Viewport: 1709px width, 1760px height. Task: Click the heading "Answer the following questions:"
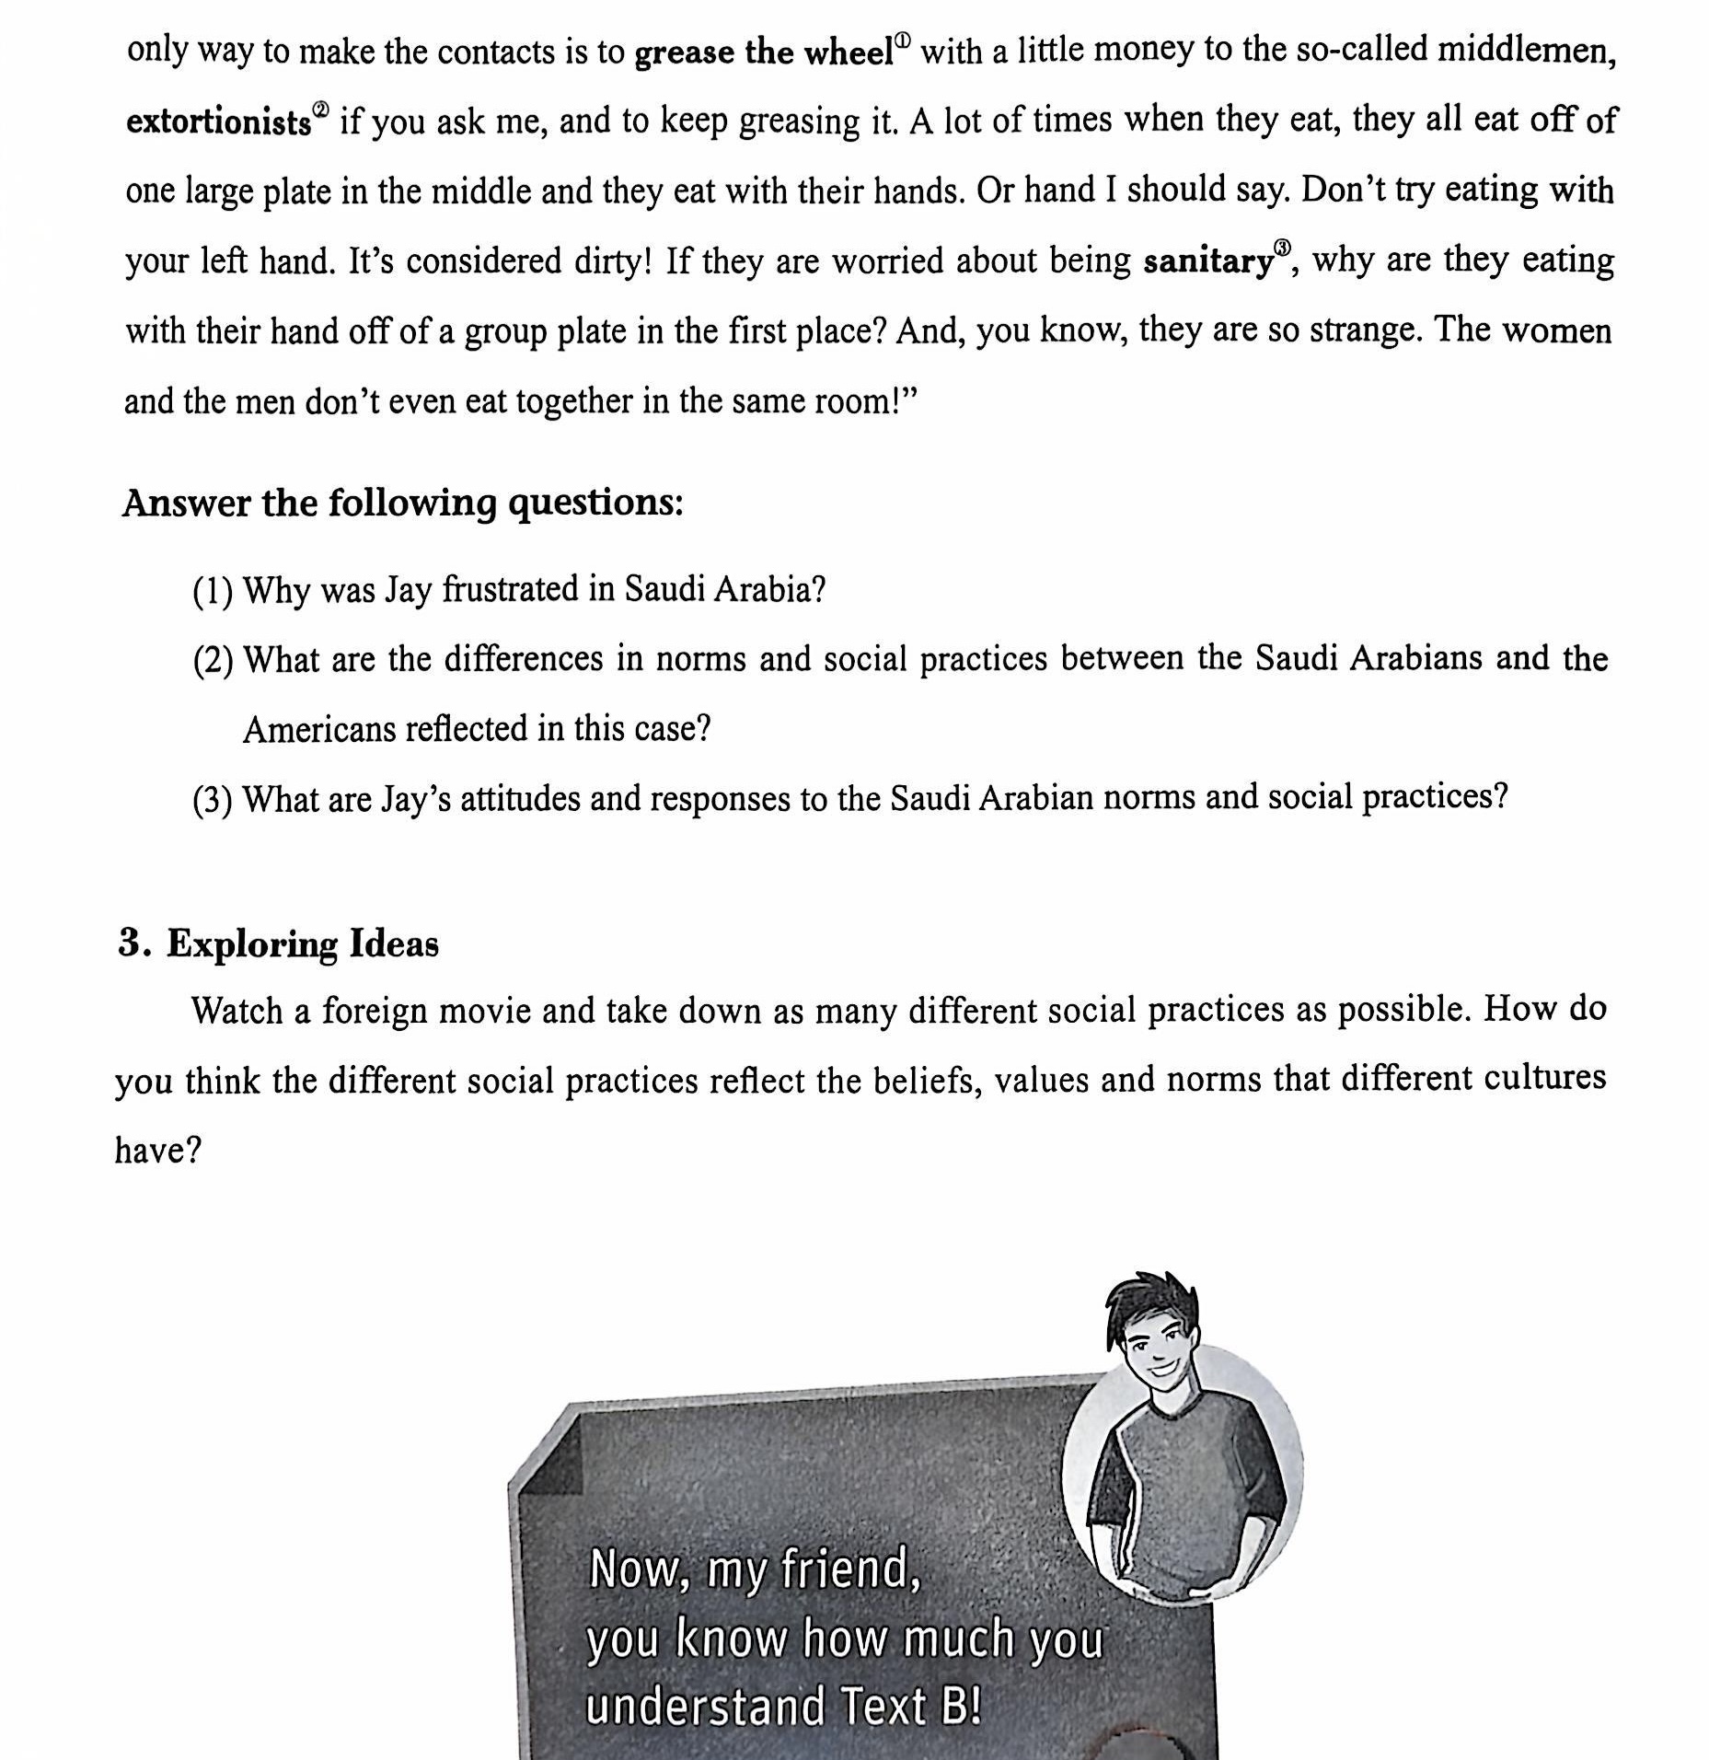click(403, 504)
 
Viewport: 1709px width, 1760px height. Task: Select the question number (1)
click(213, 591)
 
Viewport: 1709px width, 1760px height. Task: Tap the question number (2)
click(213, 661)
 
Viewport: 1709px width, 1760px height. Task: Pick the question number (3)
click(213, 800)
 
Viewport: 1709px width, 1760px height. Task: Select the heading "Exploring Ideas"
click(302, 944)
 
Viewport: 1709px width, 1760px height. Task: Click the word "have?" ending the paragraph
click(157, 1151)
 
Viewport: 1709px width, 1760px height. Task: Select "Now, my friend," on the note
click(755, 1569)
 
